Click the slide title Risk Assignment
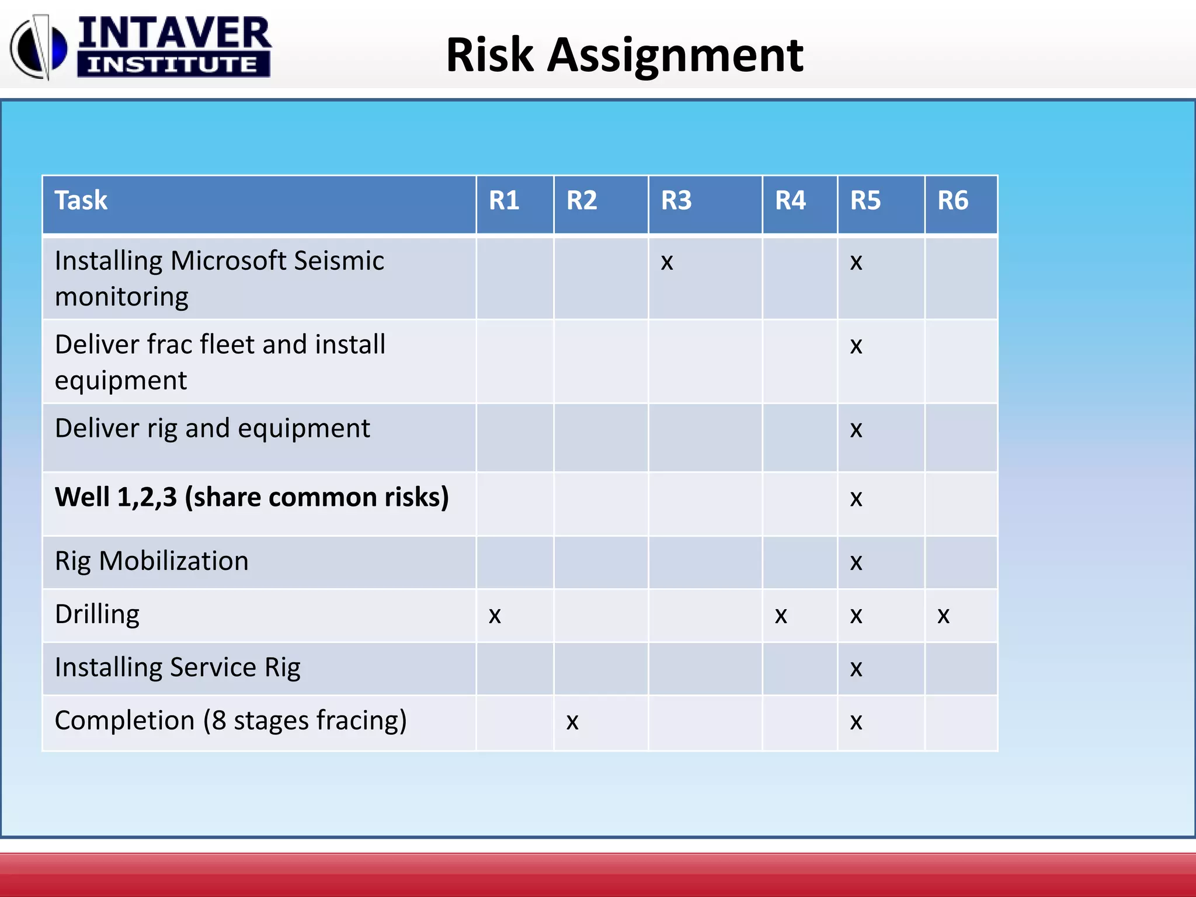624,55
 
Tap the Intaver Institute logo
140,47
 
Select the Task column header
81,200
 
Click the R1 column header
504,200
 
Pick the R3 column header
676,200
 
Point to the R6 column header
952,200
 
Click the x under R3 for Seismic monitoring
667,262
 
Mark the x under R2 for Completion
572,722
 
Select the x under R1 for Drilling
495,616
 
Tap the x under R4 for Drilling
781,616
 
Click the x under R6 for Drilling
943,616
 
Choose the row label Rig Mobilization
152,561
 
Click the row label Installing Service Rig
178,667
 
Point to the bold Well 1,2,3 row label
252,497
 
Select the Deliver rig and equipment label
213,429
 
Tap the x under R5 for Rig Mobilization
856,562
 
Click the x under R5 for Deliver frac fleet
856,346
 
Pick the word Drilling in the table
97,614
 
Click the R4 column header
790,200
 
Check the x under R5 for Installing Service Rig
856,669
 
